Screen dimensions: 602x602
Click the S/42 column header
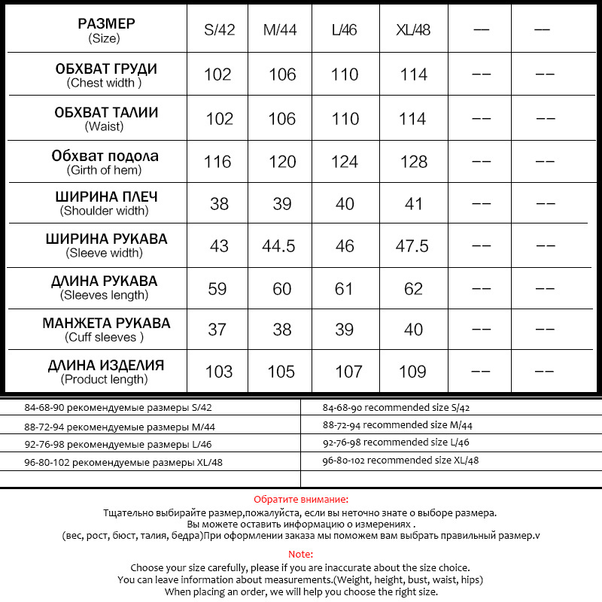pos(220,31)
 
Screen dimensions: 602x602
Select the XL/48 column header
pos(412,31)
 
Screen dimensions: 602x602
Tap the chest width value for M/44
pos(281,74)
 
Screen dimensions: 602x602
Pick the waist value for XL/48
pos(413,119)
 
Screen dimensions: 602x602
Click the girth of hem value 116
pos(219,162)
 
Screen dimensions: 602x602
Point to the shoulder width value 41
pos(413,204)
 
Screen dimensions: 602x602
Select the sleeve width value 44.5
pos(278,246)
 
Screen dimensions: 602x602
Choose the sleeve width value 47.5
pos(412,246)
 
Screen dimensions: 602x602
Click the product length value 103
pos(218,372)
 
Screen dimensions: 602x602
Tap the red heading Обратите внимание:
pos(301,499)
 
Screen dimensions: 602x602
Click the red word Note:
pos(301,554)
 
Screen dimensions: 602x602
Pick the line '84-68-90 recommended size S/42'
pos(396,408)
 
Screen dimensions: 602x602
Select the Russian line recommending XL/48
pos(123,463)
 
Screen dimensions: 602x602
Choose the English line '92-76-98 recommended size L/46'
pos(396,442)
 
